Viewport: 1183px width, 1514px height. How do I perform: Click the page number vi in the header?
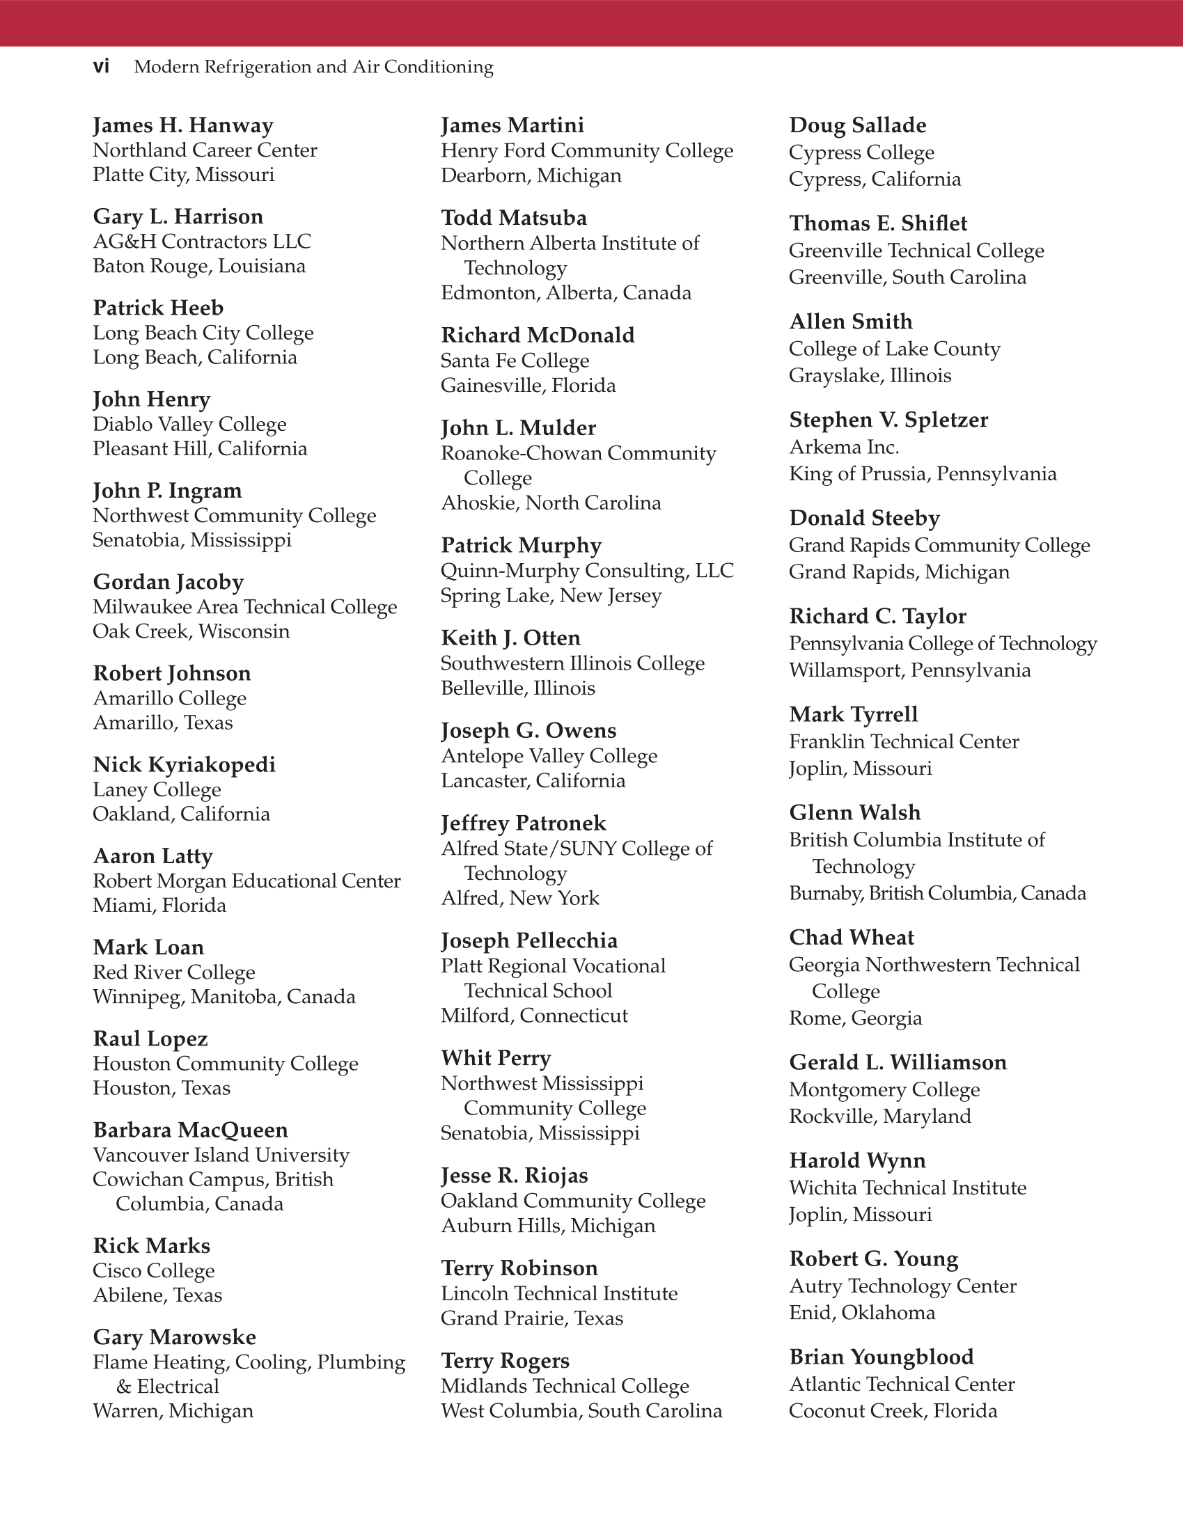(x=101, y=67)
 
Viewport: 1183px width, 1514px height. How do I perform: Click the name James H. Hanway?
(x=183, y=125)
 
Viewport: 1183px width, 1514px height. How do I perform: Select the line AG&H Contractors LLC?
(x=202, y=242)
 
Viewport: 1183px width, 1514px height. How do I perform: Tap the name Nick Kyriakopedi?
(x=185, y=764)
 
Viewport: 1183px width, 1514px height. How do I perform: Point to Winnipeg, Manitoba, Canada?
(x=224, y=997)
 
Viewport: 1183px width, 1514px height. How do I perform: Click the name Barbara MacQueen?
(x=191, y=1130)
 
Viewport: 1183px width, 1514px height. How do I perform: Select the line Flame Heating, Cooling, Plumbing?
(x=249, y=1362)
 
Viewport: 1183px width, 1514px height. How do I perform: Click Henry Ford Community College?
(x=587, y=150)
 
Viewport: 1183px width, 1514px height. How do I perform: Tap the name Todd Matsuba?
(x=514, y=218)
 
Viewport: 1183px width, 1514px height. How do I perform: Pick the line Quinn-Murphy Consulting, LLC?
(x=587, y=571)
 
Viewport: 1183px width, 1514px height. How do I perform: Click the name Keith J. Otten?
(x=510, y=638)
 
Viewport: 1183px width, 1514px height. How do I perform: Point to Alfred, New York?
(x=520, y=898)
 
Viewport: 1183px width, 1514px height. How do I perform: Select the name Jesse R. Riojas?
(x=515, y=1176)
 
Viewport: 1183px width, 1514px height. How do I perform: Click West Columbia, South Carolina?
(x=581, y=1411)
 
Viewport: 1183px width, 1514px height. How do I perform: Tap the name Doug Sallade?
(x=858, y=125)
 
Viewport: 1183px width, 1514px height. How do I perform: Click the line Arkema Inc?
(x=844, y=447)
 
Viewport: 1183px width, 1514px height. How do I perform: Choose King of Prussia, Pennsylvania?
(x=923, y=474)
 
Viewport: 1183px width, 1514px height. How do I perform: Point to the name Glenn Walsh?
(x=855, y=812)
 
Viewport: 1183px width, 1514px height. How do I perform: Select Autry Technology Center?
(x=903, y=1286)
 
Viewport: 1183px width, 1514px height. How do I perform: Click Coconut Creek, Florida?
(x=893, y=1411)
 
